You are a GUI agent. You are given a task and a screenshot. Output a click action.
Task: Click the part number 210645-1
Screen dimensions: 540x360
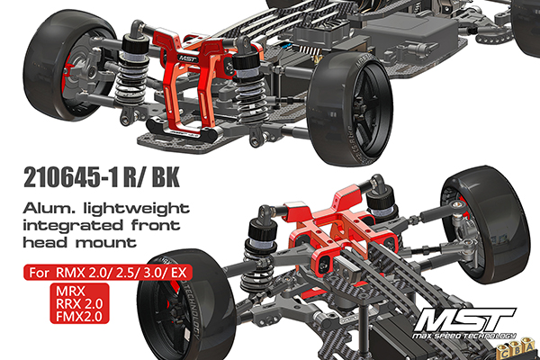(x=71, y=178)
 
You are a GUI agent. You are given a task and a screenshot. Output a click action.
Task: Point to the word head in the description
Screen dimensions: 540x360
(x=45, y=242)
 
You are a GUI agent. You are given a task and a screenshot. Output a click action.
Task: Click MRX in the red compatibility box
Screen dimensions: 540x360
(x=70, y=292)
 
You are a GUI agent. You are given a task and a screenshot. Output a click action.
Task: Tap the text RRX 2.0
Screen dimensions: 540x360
(x=79, y=304)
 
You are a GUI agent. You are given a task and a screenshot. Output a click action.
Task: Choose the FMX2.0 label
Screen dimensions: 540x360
(x=79, y=316)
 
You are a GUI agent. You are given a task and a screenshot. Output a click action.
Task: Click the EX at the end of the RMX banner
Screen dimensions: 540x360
(x=179, y=273)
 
